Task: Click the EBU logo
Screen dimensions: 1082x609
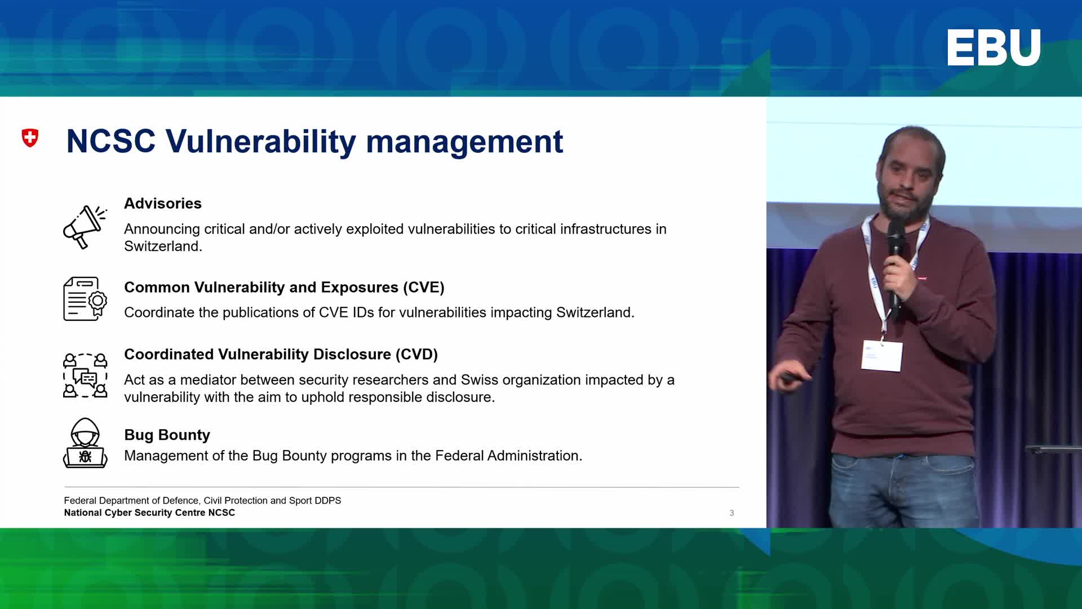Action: (x=994, y=48)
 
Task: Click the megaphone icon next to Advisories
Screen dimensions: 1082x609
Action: (x=85, y=227)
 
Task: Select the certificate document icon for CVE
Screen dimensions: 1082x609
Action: (x=85, y=299)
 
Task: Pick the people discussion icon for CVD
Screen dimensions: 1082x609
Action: (x=85, y=375)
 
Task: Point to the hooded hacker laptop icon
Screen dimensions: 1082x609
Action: (x=85, y=443)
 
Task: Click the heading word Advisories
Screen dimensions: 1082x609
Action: (x=163, y=204)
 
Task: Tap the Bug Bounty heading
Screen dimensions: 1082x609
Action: (x=167, y=435)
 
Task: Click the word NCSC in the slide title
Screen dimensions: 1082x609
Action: (x=111, y=141)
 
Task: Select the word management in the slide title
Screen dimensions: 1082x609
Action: (x=464, y=142)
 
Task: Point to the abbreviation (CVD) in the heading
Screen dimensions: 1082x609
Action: (x=416, y=355)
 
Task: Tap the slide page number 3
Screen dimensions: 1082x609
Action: (x=731, y=513)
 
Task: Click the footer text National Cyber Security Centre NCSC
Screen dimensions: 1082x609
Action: (x=149, y=513)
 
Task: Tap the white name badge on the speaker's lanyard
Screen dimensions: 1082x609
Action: (x=883, y=355)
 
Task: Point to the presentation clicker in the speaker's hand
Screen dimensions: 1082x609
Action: (x=793, y=378)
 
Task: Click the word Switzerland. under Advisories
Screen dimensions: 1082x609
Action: (x=163, y=246)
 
